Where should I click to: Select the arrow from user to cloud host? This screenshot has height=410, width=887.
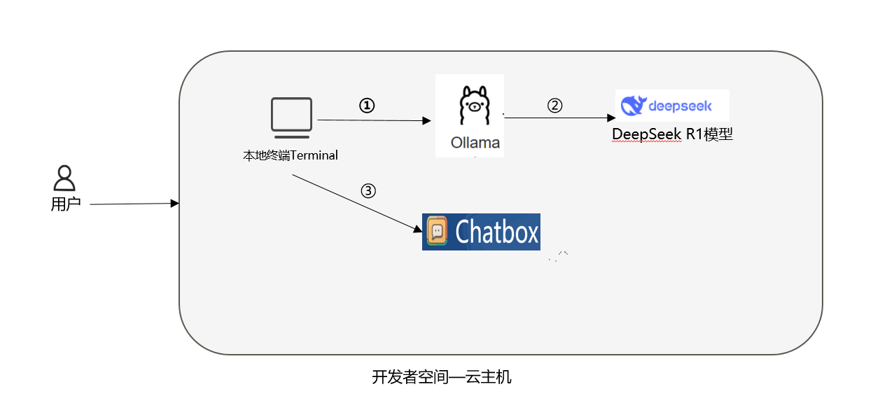(133, 204)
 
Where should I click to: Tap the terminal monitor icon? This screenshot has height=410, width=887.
(291, 115)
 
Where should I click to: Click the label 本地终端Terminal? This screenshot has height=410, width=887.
(291, 155)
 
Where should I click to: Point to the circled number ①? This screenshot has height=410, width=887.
(367, 105)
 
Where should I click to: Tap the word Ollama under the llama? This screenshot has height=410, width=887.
(475, 143)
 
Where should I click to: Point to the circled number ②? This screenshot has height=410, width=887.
(554, 106)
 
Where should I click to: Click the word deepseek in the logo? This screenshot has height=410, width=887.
(680, 106)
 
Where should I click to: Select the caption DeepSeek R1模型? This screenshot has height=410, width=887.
(672, 134)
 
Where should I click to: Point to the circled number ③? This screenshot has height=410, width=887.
(368, 191)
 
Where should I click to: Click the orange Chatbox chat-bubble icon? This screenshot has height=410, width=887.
(437, 232)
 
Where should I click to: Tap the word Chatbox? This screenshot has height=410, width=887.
(497, 232)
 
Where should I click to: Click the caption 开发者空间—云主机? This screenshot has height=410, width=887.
(442, 377)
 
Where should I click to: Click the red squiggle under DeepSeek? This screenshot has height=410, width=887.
(645, 142)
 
